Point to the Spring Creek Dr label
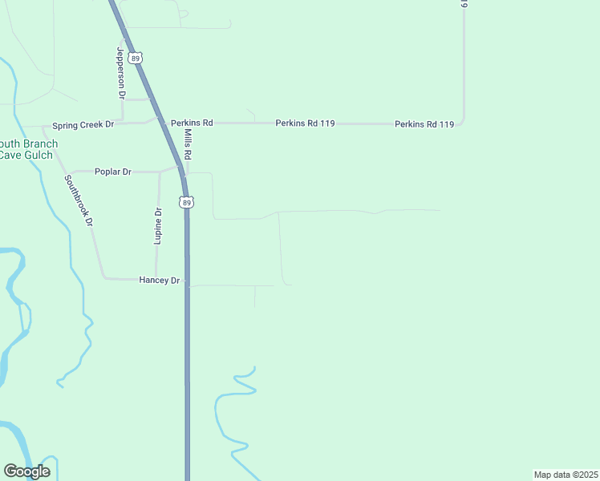[83, 125]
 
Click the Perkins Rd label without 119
[192, 123]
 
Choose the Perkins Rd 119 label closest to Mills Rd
[305, 123]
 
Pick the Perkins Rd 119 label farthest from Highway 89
[424, 124]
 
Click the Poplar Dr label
[112, 172]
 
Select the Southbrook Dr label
[79, 200]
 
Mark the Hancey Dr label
[159, 280]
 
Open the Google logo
[26, 471]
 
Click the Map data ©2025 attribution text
[566, 475]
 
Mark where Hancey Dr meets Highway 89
[187, 280]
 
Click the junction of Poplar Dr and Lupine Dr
[159, 172]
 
